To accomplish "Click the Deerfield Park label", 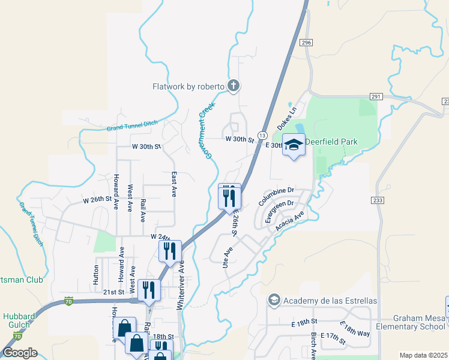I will click(x=331, y=142).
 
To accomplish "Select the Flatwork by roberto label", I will click(x=188, y=86).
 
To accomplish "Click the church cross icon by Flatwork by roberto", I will click(x=234, y=86).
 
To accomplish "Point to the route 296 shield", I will click(x=307, y=43).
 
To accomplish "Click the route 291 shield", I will click(x=376, y=97).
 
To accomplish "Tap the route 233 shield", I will click(x=377, y=200).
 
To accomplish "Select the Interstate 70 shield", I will click(x=70, y=300).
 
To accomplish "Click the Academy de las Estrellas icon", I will click(x=274, y=300).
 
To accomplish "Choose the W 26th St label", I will click(x=97, y=199).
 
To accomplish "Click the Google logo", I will click(x=19, y=353).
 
